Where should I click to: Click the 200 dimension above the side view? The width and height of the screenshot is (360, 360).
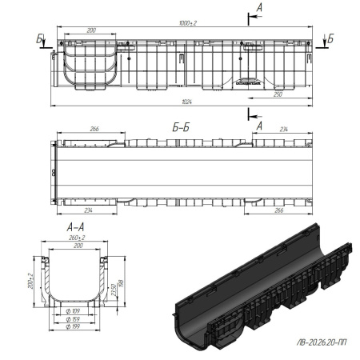[91, 30]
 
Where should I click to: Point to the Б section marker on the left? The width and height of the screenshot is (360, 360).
[40, 38]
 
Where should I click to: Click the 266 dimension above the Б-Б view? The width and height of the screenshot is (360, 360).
[95, 127]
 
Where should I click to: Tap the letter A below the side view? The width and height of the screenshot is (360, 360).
[258, 125]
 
